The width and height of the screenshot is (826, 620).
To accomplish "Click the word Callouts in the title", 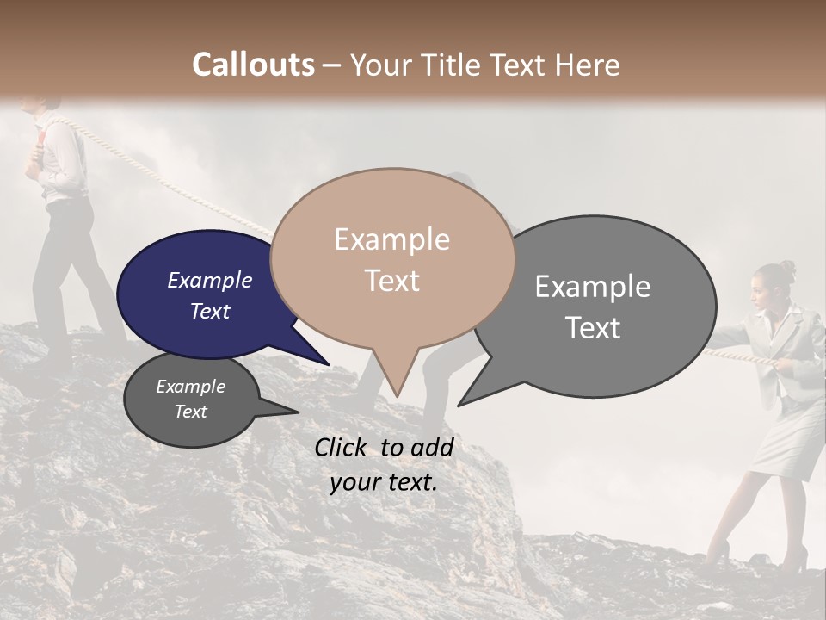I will coord(253,65).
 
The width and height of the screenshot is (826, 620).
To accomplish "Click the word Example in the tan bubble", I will coord(391,239).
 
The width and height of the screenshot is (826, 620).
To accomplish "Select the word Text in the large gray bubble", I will coord(594,328).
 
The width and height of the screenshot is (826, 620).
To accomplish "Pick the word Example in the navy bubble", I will coord(210,281).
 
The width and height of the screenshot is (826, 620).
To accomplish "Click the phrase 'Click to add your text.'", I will coord(384,464).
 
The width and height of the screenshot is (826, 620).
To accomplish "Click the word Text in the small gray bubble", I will coord(191,412).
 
